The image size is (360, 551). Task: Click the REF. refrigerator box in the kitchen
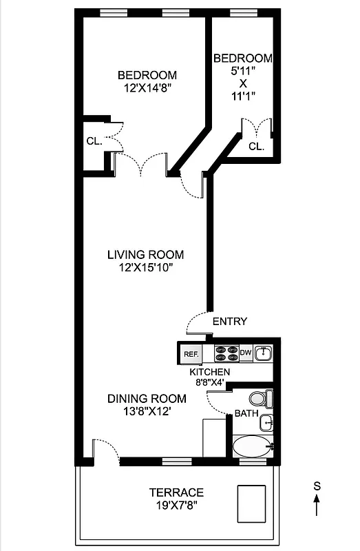tap(191, 354)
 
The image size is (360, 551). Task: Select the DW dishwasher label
tap(246, 353)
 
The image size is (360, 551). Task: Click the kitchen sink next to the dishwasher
tap(264, 353)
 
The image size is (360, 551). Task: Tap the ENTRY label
tap(229, 322)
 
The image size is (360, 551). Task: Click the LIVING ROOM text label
tap(145, 254)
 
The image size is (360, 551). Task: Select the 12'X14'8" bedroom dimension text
tap(146, 88)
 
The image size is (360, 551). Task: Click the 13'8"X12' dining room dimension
tap(146, 411)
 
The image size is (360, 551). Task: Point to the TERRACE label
tap(177, 492)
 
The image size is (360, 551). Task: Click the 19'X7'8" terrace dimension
tap(177, 505)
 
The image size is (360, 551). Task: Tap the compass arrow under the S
tap(317, 508)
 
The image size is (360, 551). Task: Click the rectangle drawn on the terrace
tap(251, 504)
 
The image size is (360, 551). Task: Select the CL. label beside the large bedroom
tap(94, 141)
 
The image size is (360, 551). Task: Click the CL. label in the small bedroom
tap(256, 146)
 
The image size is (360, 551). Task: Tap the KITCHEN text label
tap(210, 372)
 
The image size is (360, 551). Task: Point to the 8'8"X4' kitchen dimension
tap(209, 383)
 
